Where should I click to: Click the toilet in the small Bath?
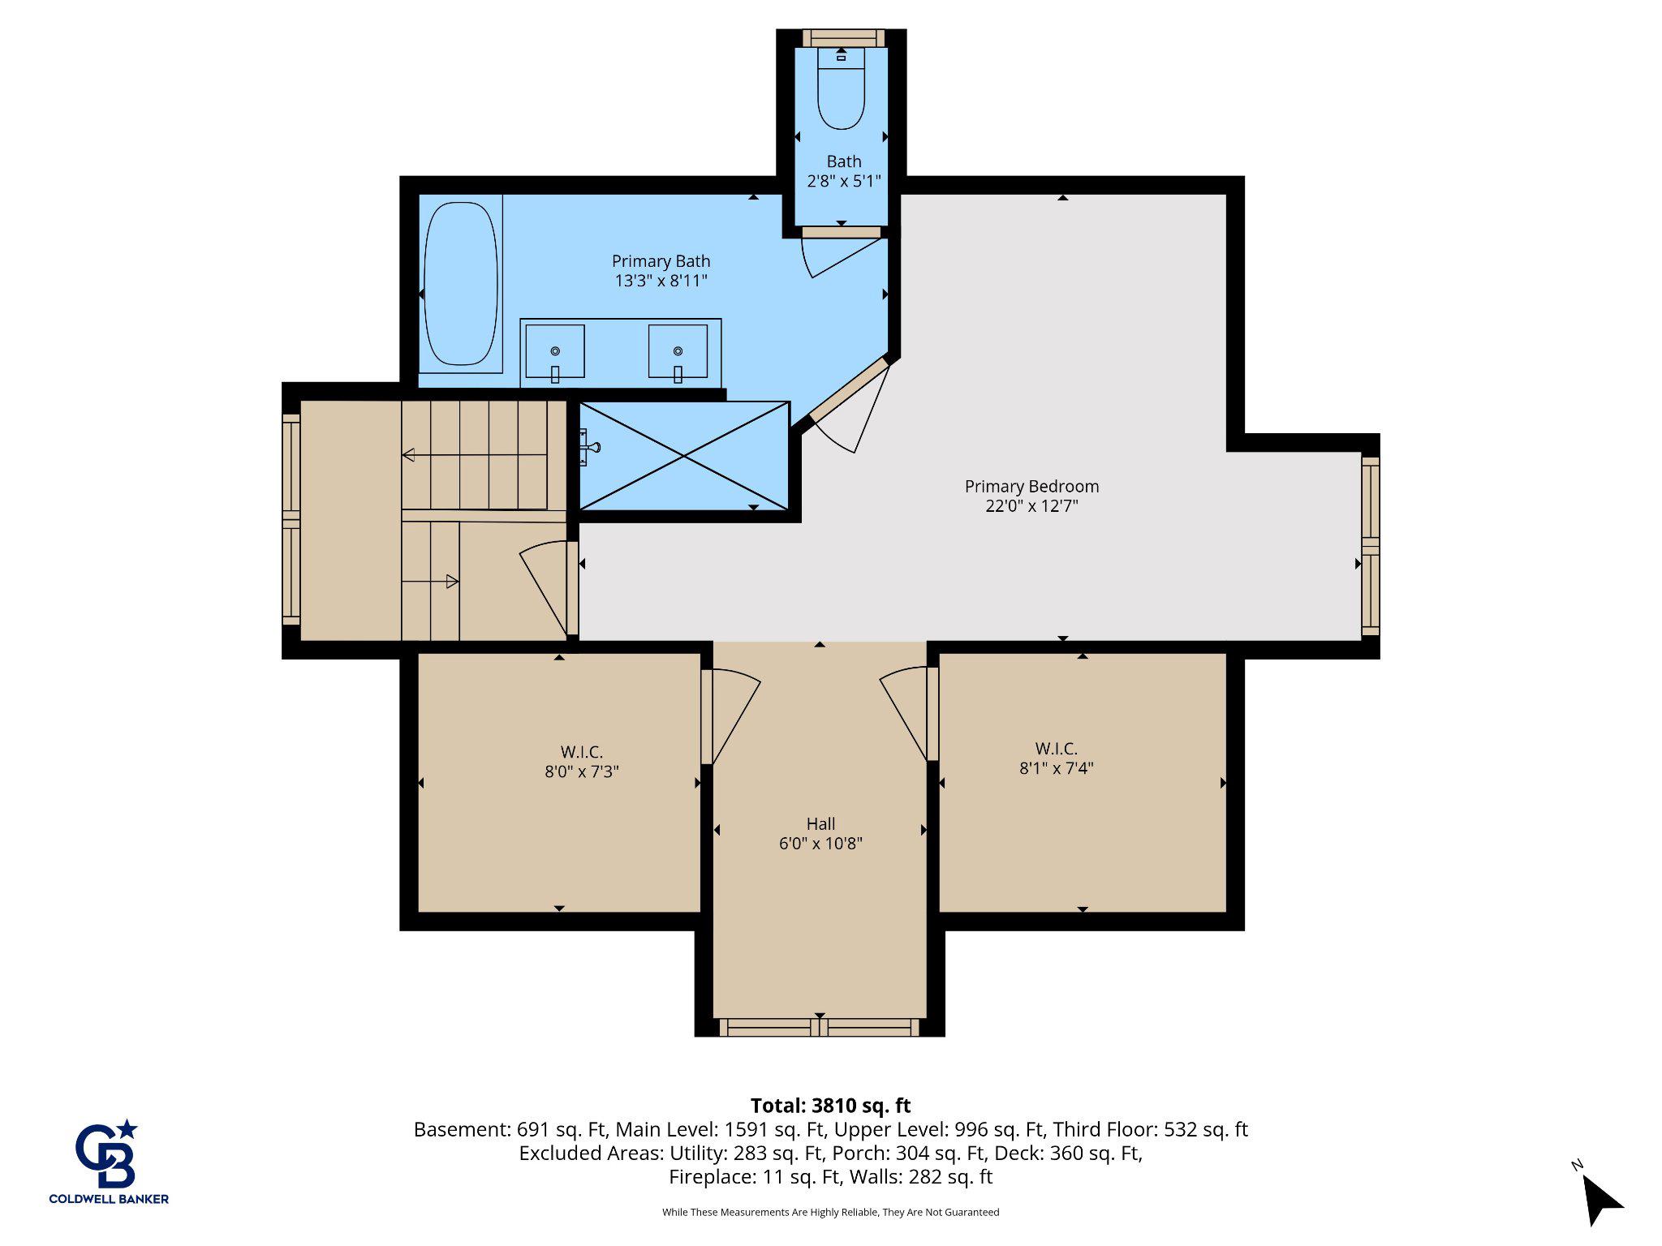pos(841,93)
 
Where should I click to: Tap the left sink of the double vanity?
pos(555,351)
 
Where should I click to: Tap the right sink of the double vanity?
pos(678,351)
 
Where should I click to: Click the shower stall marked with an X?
pos(684,456)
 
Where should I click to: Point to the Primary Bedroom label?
pos(1031,487)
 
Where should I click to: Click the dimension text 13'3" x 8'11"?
pos(661,281)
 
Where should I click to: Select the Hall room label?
pos(820,824)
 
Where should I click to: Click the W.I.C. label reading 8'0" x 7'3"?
pos(581,771)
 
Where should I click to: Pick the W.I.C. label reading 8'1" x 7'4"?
pos(1056,768)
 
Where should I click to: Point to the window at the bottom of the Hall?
pos(820,1028)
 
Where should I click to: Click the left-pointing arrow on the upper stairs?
pos(409,455)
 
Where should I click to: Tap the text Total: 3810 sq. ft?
pos(830,1106)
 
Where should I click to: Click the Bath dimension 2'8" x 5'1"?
pos(843,181)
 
